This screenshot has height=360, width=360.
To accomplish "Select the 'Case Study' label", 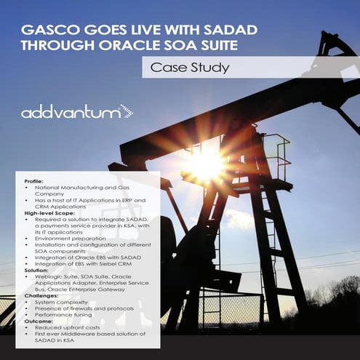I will point(189,68).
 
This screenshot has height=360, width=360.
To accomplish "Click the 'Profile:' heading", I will point(34,180).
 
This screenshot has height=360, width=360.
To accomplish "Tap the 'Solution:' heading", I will point(37,270).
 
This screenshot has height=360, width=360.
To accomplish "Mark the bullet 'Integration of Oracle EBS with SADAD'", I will point(84,258).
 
